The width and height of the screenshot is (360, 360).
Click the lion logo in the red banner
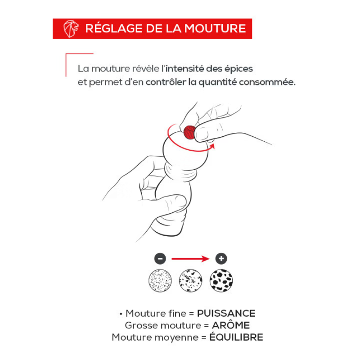(71, 28)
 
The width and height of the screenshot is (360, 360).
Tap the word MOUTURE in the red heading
(216, 28)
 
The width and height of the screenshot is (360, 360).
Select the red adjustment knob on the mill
(189, 132)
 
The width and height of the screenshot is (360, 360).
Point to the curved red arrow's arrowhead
(212, 146)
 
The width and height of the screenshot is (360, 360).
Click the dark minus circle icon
(160, 258)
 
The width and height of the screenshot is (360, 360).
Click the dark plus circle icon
(221, 258)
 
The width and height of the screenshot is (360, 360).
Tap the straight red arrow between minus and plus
(190, 259)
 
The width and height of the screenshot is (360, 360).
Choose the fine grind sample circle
(160, 280)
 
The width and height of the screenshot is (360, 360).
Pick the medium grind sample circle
(190, 280)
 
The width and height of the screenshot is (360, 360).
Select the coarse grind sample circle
(221, 280)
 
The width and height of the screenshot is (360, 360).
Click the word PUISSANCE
(226, 313)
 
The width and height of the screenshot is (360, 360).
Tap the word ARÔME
(231, 325)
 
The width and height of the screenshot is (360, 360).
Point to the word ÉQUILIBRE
(236, 337)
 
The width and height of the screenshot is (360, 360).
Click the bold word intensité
(184, 68)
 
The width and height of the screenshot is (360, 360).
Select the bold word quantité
(217, 82)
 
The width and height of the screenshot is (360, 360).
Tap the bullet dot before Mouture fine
(121, 314)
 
